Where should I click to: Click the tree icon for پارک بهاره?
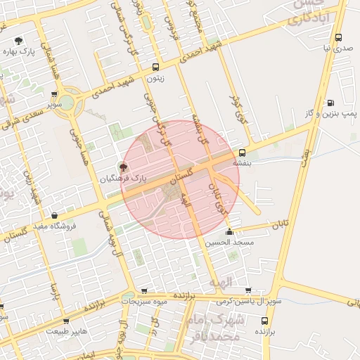click(18, 41)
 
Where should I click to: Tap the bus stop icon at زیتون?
click(155, 67)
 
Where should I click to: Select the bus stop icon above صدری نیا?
click(339, 38)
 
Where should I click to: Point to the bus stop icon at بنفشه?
click(242, 153)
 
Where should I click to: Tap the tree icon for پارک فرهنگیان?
click(124, 167)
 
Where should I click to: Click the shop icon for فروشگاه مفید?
click(56, 216)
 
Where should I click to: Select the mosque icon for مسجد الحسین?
click(229, 232)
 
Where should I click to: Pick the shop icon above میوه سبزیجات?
click(144, 290)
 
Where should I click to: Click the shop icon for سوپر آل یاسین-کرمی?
click(248, 290)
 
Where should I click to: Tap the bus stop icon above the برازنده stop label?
click(264, 321)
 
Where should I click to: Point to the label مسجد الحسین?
click(228, 243)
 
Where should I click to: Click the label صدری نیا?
click(337, 49)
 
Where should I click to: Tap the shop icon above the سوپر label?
click(55, 94)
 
